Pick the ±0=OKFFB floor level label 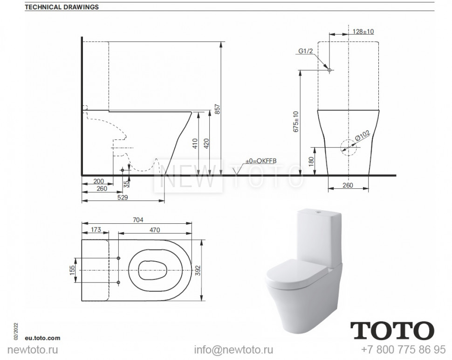pyautogui.click(x=261, y=161)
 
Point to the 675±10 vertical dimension pyautogui.click(x=294, y=121)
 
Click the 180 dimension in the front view pyautogui.click(x=311, y=161)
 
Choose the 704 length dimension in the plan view pyautogui.click(x=137, y=220)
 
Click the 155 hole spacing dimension pyautogui.click(x=72, y=270)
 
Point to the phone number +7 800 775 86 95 pyautogui.click(x=403, y=350)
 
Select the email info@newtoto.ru pyautogui.click(x=233, y=350)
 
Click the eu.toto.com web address pyautogui.click(x=43, y=338)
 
